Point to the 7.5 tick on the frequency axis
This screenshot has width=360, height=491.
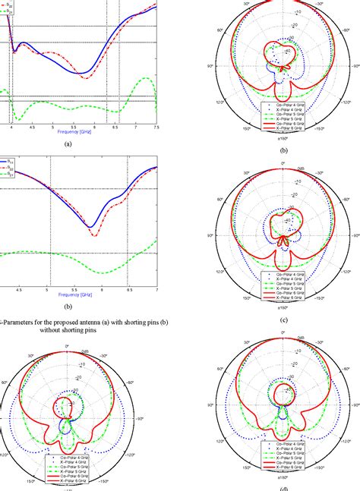coord(156,130)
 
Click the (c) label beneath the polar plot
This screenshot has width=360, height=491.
coord(283,319)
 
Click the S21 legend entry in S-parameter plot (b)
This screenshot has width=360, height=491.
coord(11,174)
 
